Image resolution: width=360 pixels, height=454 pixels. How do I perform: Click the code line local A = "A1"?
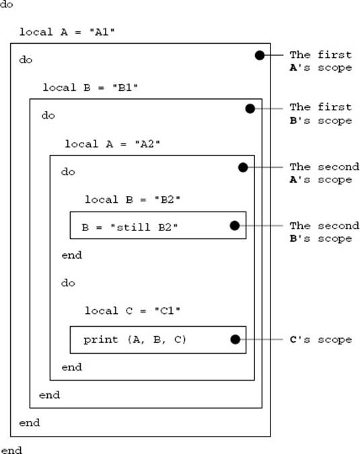[67, 32]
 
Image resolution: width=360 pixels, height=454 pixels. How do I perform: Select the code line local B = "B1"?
[90, 88]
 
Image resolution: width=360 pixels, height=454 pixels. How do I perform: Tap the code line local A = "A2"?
[112, 144]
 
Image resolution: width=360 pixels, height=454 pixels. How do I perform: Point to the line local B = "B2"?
[133, 199]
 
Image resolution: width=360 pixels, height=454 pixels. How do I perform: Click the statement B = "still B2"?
[130, 227]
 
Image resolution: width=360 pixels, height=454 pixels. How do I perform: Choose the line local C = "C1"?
[133, 311]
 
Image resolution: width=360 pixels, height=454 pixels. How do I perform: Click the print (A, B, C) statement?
[135, 339]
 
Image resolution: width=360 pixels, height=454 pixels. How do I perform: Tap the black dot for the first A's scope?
[260, 55]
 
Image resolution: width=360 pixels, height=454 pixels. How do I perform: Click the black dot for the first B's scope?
[250, 108]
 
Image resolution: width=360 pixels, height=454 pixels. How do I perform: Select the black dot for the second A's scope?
[243, 167]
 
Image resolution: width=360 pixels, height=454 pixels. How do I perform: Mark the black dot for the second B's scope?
[235, 226]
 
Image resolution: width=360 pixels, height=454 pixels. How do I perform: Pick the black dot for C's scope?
[236, 339]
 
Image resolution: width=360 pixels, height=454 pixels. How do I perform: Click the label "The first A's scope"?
[321, 61]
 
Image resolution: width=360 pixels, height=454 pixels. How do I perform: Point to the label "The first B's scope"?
[321, 114]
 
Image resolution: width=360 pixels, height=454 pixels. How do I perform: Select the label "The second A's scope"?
[324, 173]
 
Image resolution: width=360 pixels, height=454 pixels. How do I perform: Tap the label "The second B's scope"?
[324, 232]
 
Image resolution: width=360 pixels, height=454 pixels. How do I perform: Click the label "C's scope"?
[321, 339]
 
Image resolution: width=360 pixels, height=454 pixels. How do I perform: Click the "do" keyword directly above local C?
[68, 283]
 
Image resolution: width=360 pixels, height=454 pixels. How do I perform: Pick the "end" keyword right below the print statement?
[72, 367]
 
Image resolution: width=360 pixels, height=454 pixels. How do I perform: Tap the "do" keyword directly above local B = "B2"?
[68, 172]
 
